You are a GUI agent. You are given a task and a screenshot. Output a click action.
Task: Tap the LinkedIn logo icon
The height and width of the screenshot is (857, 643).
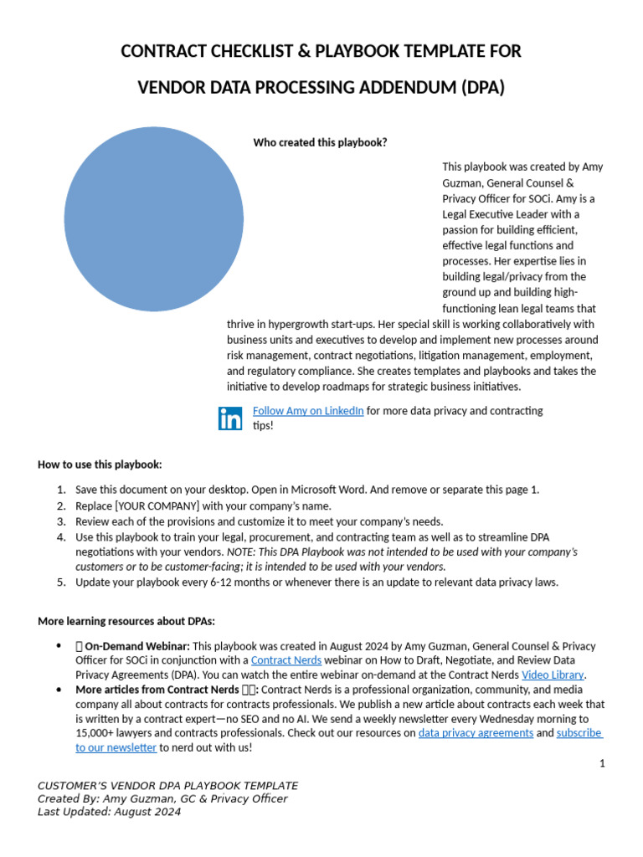click(x=230, y=418)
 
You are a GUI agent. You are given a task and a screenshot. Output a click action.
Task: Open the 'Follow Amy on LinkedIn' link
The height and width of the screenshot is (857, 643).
click(x=308, y=411)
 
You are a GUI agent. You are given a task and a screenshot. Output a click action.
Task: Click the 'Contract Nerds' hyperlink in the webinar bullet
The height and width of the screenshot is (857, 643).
click(x=286, y=660)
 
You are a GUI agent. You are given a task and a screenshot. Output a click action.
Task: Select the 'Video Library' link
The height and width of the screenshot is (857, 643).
click(x=553, y=675)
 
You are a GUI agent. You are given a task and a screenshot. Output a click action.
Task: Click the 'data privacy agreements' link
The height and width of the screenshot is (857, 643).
click(x=476, y=733)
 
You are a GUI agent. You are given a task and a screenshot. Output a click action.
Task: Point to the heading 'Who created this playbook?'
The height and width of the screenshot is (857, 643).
click(x=320, y=142)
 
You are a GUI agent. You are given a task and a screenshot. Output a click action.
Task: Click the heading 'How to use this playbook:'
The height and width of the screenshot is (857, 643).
click(x=100, y=464)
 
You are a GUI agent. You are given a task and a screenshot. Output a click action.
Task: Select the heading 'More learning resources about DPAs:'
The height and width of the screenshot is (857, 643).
click(x=126, y=621)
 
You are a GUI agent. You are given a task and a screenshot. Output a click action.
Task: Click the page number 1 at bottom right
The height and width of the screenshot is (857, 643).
click(x=602, y=763)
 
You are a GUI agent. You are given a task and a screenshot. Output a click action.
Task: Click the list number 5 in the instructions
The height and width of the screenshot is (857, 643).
click(x=61, y=582)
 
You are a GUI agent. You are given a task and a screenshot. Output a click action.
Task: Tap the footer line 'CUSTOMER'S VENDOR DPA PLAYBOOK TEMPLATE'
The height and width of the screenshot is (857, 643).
click(x=167, y=786)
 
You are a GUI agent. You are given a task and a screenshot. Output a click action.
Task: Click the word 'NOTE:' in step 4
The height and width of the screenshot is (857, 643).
click(x=241, y=552)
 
